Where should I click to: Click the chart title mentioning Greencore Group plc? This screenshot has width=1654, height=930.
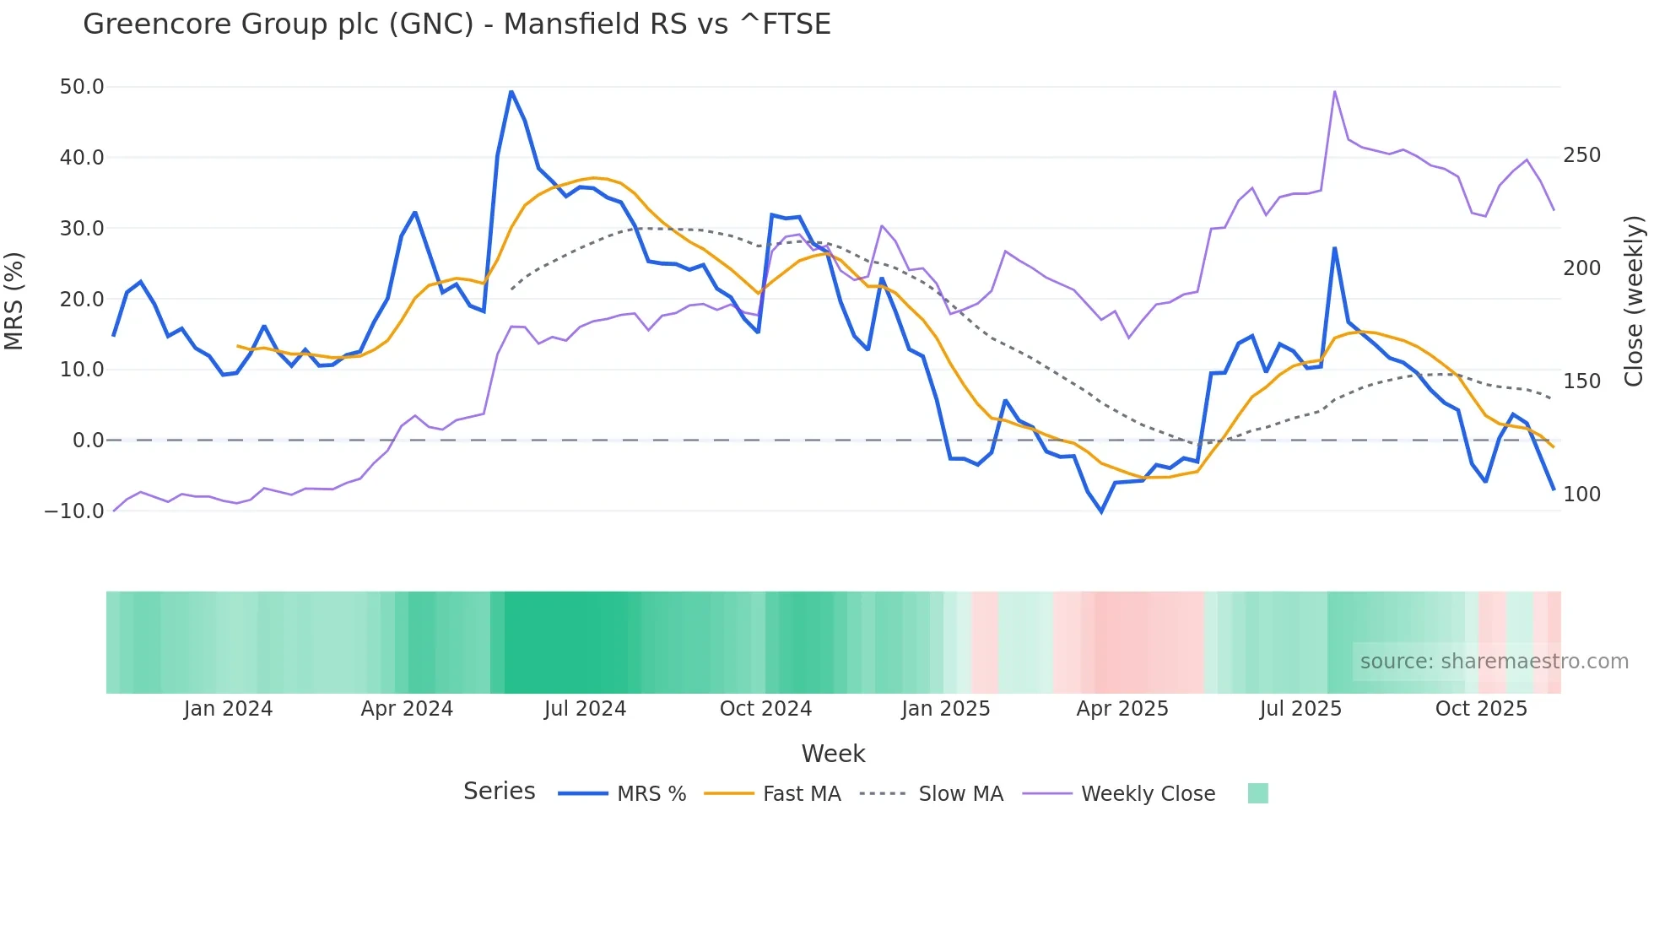(457, 24)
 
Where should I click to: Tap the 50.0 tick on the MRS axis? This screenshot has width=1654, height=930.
(82, 87)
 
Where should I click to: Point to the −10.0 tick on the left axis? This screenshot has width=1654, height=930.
(74, 511)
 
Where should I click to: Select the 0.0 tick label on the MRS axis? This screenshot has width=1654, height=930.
(88, 440)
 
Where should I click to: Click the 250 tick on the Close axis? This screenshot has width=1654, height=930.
(1581, 155)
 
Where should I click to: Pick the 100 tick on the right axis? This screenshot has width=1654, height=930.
(1581, 495)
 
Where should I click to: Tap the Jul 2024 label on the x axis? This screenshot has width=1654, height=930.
(585, 709)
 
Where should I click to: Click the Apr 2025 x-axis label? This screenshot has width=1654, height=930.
(1122, 709)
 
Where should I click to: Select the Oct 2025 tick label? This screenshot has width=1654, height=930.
(1481, 709)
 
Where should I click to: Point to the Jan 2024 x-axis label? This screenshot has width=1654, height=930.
(228, 709)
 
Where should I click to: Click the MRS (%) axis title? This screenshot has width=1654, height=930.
(14, 300)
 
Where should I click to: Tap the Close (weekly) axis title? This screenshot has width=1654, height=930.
(1634, 300)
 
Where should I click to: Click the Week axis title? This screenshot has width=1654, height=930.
(833, 754)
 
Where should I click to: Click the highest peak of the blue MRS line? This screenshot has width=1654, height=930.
(511, 91)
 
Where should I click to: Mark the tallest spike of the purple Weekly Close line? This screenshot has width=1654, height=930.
(1334, 91)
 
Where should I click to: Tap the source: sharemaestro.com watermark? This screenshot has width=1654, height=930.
(1494, 662)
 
